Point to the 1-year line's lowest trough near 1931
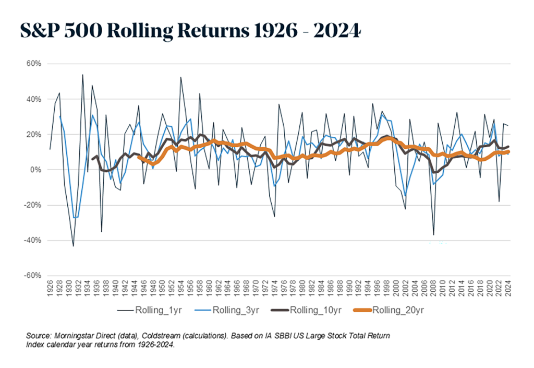pyautogui.click(x=74, y=246)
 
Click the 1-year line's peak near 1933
pyautogui.click(x=82, y=75)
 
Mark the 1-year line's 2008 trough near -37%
pyautogui.click(x=433, y=235)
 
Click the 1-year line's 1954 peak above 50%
pyautogui.click(x=181, y=77)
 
